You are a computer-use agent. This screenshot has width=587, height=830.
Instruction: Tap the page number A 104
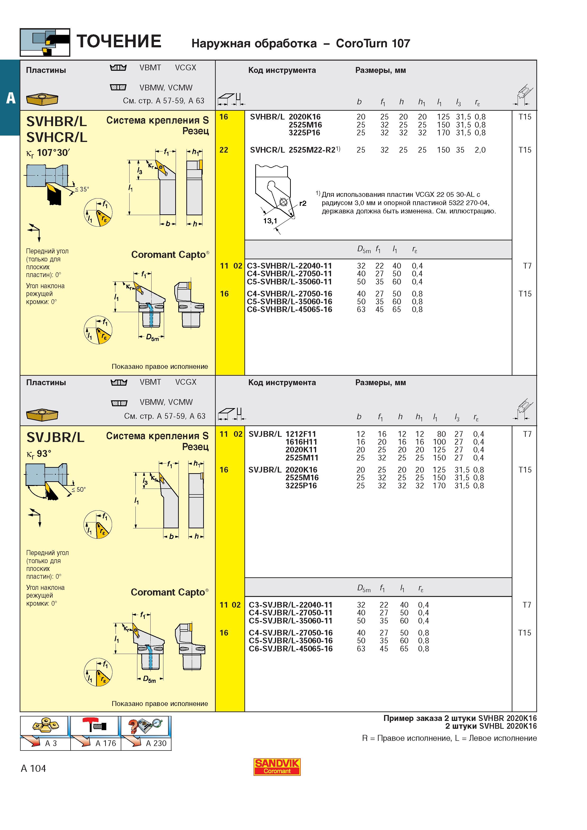coord(33,768)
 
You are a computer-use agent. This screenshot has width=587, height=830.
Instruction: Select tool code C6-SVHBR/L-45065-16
coord(289,309)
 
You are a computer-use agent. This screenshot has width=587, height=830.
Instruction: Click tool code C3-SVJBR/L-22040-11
coord(291,605)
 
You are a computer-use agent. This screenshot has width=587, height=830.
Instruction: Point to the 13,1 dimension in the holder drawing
coord(270,221)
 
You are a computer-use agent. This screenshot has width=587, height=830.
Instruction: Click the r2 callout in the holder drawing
coord(303,203)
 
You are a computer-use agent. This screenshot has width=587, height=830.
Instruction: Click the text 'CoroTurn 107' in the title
coord(373,43)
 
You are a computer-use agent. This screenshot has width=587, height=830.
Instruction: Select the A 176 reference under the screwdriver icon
coord(106,743)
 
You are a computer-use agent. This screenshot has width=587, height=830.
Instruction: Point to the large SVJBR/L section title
coord(55,437)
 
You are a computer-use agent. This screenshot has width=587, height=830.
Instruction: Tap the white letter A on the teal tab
coord(10,98)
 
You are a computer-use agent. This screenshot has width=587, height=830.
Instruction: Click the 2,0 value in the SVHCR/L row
coord(480,150)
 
